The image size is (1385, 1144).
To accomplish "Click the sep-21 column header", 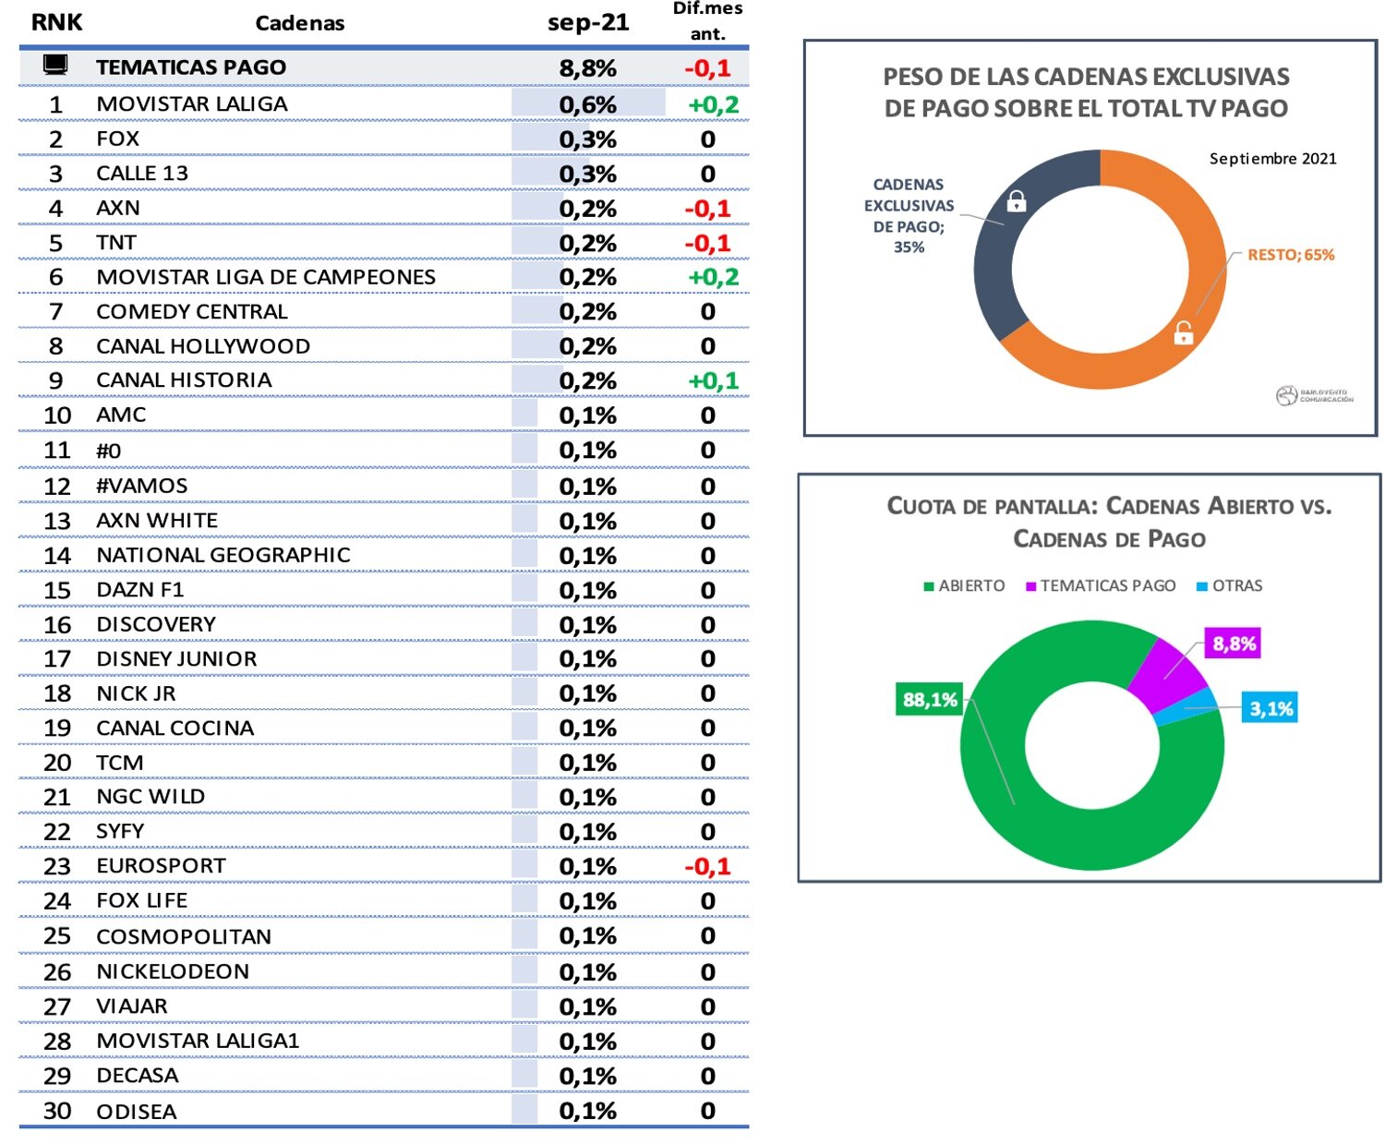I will pos(588,22).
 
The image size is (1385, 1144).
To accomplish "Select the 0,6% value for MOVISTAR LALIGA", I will pos(587,104).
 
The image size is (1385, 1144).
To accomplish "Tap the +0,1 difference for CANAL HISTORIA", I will pos(713,380).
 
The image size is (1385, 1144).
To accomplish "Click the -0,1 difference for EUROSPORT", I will pos(707,866).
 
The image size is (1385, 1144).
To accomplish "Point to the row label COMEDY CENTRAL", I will pos(192,312).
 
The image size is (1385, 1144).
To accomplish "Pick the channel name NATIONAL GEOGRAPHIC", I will pos(223,555).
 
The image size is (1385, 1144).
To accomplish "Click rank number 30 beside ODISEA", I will pos(57,1111).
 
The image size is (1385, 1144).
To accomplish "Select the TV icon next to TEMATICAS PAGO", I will pos(55,65).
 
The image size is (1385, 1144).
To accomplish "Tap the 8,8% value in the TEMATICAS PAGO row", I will pos(587,68).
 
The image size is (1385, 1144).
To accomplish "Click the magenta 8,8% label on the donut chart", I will pos(1234,644).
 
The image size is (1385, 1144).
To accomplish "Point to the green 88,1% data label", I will pos(930,699).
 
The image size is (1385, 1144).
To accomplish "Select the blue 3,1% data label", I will pos(1271,708).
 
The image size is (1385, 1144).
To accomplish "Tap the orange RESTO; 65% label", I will pos(1290,255).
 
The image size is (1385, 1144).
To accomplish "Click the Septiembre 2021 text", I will pos(1272,159).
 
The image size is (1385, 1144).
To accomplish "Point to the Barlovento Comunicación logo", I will pos(1315,396).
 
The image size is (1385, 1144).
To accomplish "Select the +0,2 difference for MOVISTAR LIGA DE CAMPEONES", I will pos(713,277).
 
